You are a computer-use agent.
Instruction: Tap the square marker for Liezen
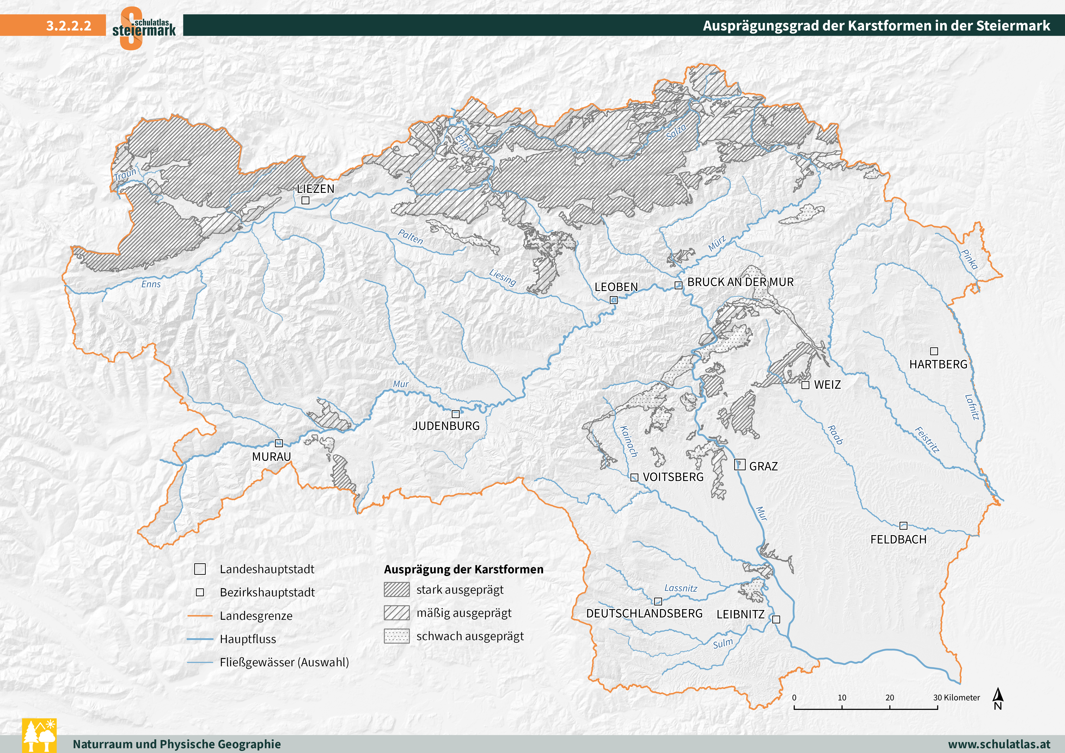(x=305, y=200)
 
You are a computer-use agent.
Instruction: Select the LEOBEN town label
(x=616, y=287)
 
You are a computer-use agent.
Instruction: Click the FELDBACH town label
(x=899, y=540)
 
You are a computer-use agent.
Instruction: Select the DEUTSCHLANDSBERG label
(x=644, y=613)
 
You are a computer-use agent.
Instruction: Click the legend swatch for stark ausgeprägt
(x=397, y=590)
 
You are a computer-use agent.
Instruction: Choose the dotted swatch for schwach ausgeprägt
(x=397, y=636)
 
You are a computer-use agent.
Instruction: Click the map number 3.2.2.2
(x=69, y=26)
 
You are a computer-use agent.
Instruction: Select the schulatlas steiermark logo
(x=144, y=28)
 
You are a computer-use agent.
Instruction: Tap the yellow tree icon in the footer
(x=39, y=735)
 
